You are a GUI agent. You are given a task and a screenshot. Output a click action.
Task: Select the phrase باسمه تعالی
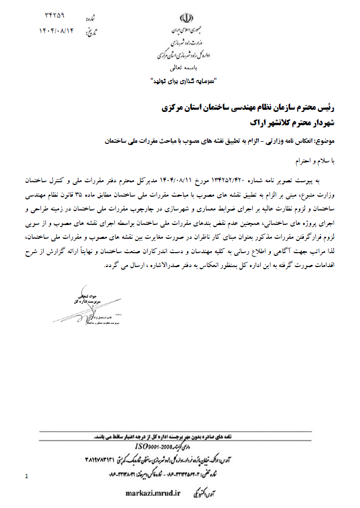(183, 68)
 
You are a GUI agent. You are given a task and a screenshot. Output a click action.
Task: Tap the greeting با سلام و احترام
(318, 159)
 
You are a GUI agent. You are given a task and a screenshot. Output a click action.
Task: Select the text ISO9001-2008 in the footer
(160, 446)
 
